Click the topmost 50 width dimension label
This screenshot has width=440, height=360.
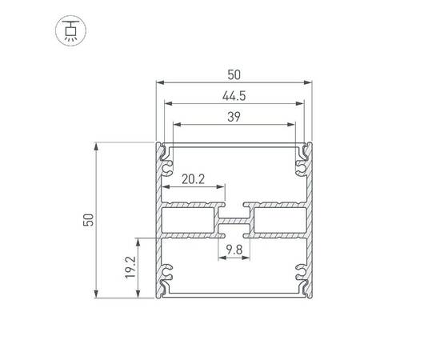(x=234, y=74)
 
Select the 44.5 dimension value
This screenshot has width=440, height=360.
(x=234, y=95)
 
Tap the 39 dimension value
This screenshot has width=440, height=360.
(x=234, y=117)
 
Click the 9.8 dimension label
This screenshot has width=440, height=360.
(x=234, y=250)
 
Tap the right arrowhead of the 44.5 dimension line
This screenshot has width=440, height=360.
(x=301, y=103)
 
